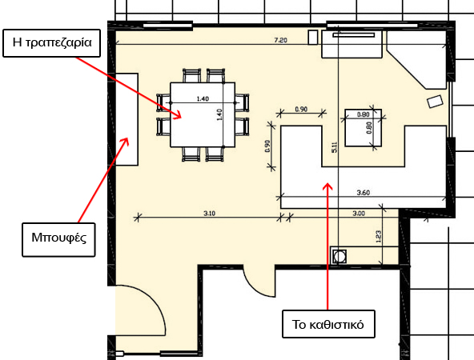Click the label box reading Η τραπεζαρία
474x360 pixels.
[52, 43]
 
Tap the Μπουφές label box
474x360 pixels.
[58, 240]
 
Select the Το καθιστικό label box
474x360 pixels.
[328, 324]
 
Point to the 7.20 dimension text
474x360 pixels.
[280, 40]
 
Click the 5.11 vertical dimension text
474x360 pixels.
[335, 147]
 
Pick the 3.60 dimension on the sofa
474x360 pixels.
[363, 192]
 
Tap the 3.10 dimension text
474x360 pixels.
[209, 214]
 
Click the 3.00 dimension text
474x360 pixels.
[359, 214]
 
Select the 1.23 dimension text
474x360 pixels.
[378, 237]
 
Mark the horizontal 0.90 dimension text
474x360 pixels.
[301, 109]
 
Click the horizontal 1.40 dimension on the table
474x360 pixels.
[203, 98]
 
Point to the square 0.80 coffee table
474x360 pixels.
[363, 128]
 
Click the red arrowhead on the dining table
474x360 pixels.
[178, 114]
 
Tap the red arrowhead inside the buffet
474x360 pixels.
[125, 141]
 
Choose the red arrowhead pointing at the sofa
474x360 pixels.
[327, 186]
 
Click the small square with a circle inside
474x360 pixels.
[339, 257]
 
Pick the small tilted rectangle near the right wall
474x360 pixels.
[435, 101]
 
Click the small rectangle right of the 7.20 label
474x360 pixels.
[313, 38]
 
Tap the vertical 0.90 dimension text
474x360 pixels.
[267, 146]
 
